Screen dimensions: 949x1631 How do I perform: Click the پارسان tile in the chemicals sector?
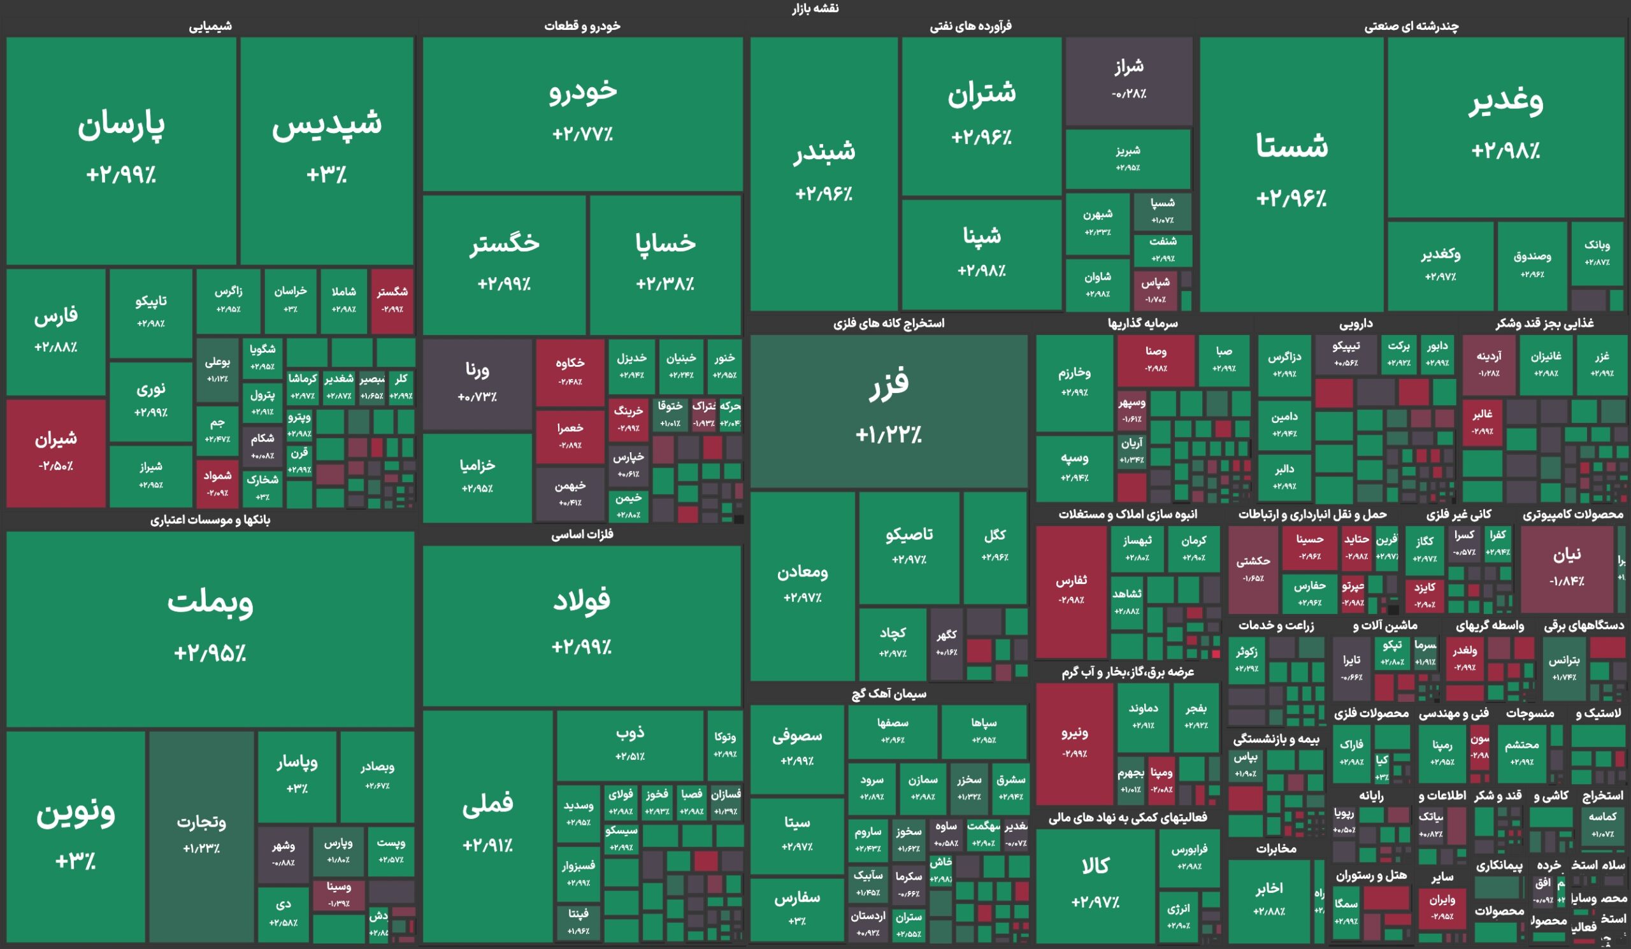click(x=121, y=150)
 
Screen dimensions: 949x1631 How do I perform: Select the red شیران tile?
click(x=55, y=453)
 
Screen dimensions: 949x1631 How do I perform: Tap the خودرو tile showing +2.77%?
click(x=582, y=113)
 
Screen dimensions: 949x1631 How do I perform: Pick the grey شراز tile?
click(x=1129, y=80)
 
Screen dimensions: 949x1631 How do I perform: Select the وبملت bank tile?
click(x=210, y=627)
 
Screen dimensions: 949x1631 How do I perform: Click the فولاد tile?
click(x=581, y=624)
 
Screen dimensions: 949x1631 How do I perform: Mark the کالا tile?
click(x=1095, y=883)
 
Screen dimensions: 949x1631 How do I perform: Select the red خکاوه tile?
click(x=570, y=372)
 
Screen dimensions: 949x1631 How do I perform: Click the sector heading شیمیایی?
click(x=210, y=27)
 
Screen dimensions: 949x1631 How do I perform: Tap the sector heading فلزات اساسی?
click(x=582, y=534)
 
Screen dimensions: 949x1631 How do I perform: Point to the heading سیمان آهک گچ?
click(x=889, y=694)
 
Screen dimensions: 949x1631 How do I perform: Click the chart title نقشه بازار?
click(x=815, y=8)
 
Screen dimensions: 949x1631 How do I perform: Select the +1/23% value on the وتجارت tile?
click(x=201, y=849)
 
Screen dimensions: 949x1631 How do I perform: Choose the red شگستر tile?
click(x=392, y=300)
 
